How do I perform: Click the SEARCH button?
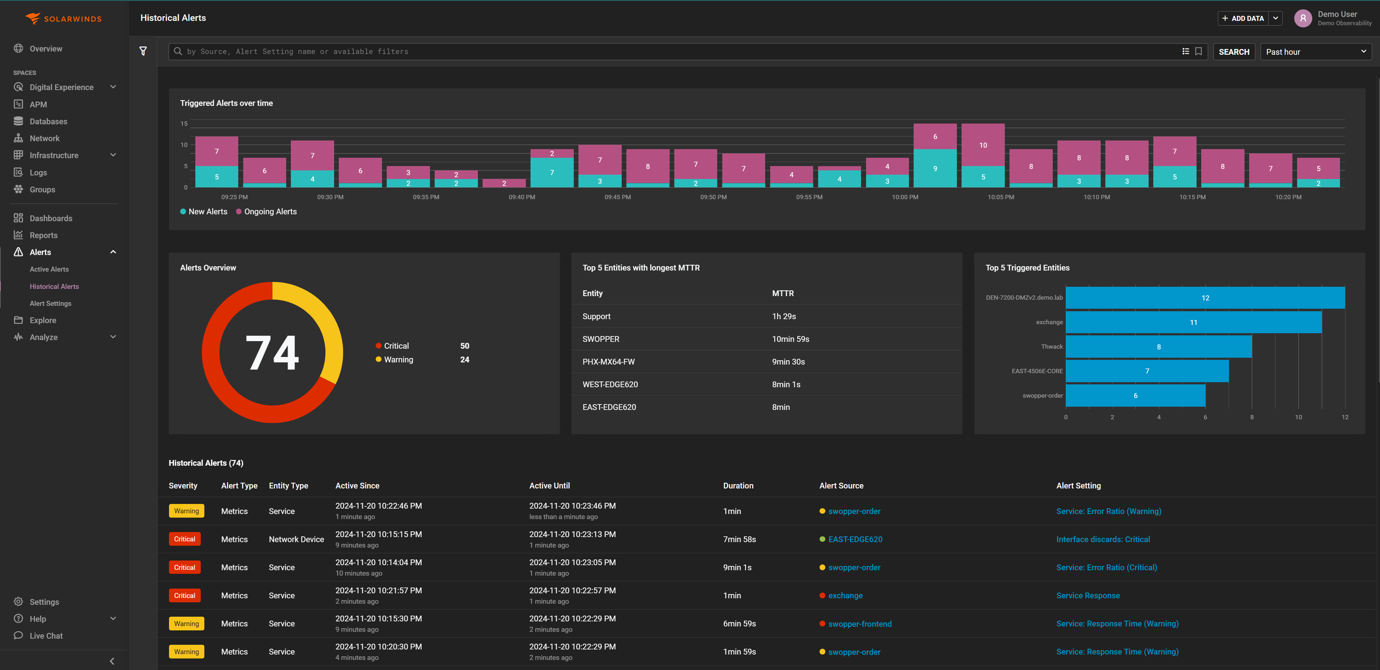(x=1233, y=52)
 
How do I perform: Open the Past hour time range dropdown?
(x=1315, y=52)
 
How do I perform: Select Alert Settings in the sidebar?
(x=50, y=303)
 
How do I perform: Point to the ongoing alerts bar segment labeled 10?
(x=982, y=145)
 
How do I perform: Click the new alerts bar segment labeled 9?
(x=935, y=168)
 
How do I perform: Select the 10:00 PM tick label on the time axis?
(x=905, y=197)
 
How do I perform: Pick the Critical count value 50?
(x=465, y=346)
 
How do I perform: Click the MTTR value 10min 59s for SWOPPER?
(x=790, y=339)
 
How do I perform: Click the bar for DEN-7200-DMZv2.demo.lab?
(x=1205, y=298)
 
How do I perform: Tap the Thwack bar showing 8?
(x=1158, y=347)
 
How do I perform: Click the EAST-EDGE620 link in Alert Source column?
(x=855, y=539)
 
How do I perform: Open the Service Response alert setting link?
(x=1087, y=595)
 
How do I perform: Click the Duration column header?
(x=738, y=486)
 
